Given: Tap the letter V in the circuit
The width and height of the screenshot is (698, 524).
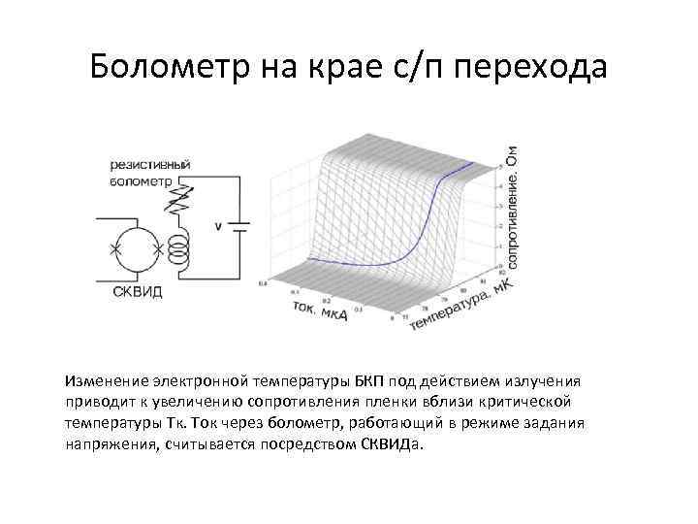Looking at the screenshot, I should pyautogui.click(x=219, y=227).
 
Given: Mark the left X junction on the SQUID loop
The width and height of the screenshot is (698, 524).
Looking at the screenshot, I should pyautogui.click(x=115, y=249).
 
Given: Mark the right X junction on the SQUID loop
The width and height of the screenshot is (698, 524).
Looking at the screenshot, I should pyautogui.click(x=157, y=249).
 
